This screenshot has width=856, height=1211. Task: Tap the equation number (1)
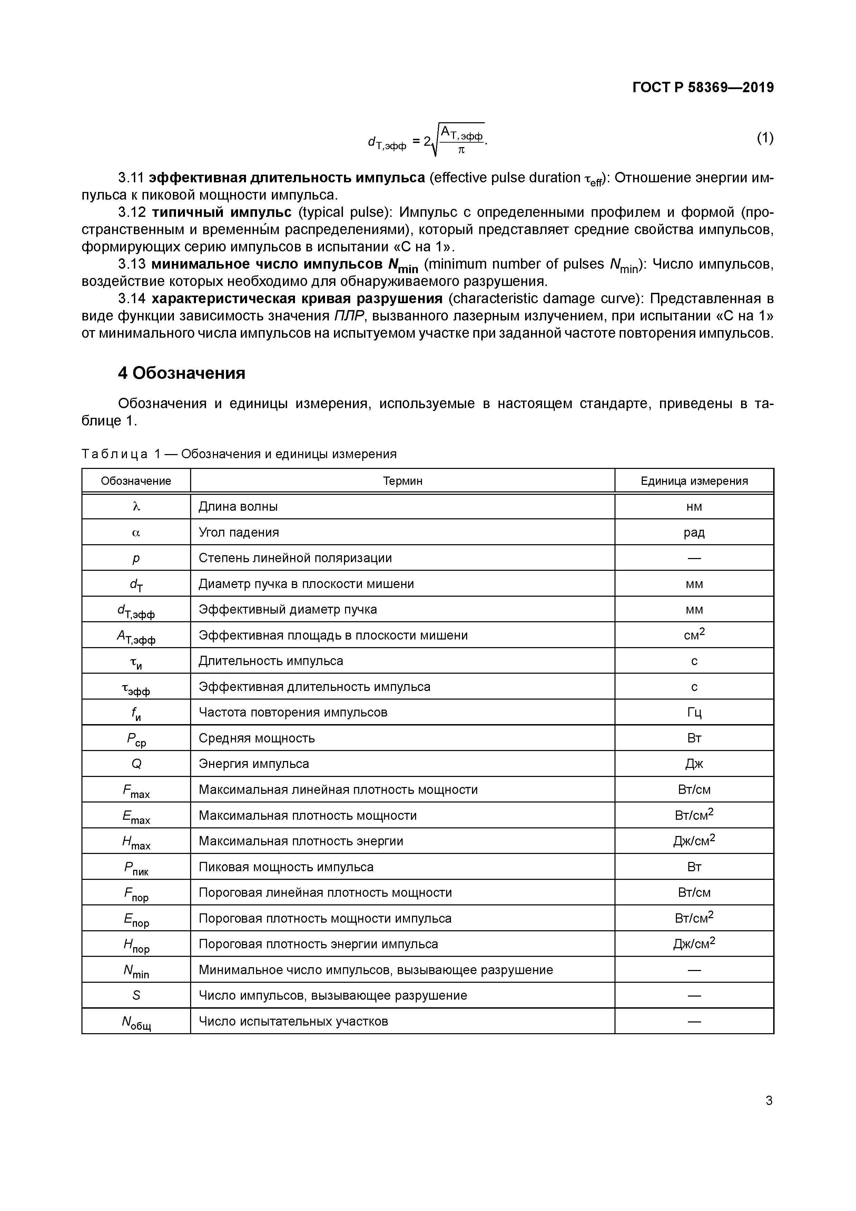coord(765,138)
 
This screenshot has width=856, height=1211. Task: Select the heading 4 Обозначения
coord(181,373)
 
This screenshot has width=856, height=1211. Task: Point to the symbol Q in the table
coord(136,764)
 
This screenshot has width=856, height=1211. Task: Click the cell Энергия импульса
coord(254,764)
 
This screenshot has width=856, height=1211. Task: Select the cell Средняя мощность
coord(257,738)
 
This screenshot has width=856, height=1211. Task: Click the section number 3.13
coord(131,264)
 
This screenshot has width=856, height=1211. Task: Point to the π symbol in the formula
coord(461,150)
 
